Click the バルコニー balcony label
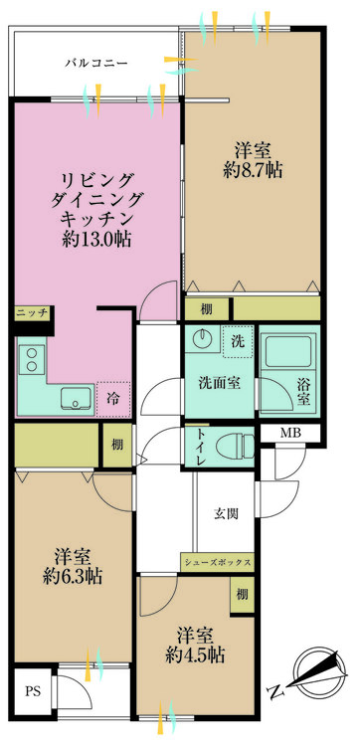[96, 63]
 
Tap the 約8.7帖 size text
[253, 170]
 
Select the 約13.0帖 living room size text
[96, 240]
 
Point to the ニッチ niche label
[33, 313]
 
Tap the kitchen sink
[77, 398]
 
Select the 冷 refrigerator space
[113, 399]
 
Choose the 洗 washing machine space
[238, 341]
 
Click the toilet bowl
[237, 447]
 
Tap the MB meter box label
[290, 433]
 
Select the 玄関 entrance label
[226, 514]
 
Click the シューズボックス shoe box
[217, 562]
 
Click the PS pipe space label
[33, 691]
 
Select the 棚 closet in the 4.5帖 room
[242, 594]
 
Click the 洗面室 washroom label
[219, 382]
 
